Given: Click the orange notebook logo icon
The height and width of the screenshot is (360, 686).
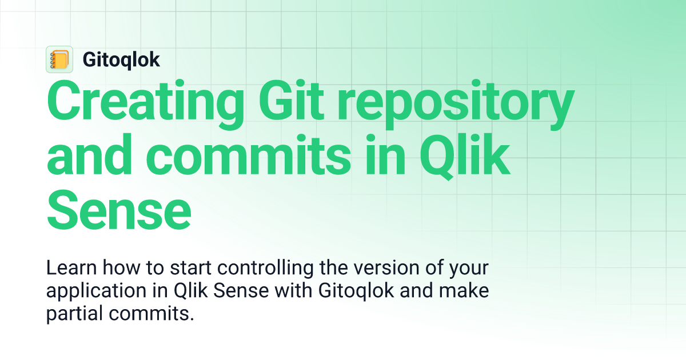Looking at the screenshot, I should point(59,59).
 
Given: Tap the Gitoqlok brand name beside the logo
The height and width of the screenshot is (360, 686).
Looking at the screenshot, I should point(121,59).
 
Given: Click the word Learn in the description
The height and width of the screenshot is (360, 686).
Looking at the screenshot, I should point(67,268).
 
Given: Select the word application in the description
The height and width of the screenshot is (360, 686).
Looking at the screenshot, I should point(84,291).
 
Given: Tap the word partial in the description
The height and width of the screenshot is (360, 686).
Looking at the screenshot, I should point(71,314).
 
